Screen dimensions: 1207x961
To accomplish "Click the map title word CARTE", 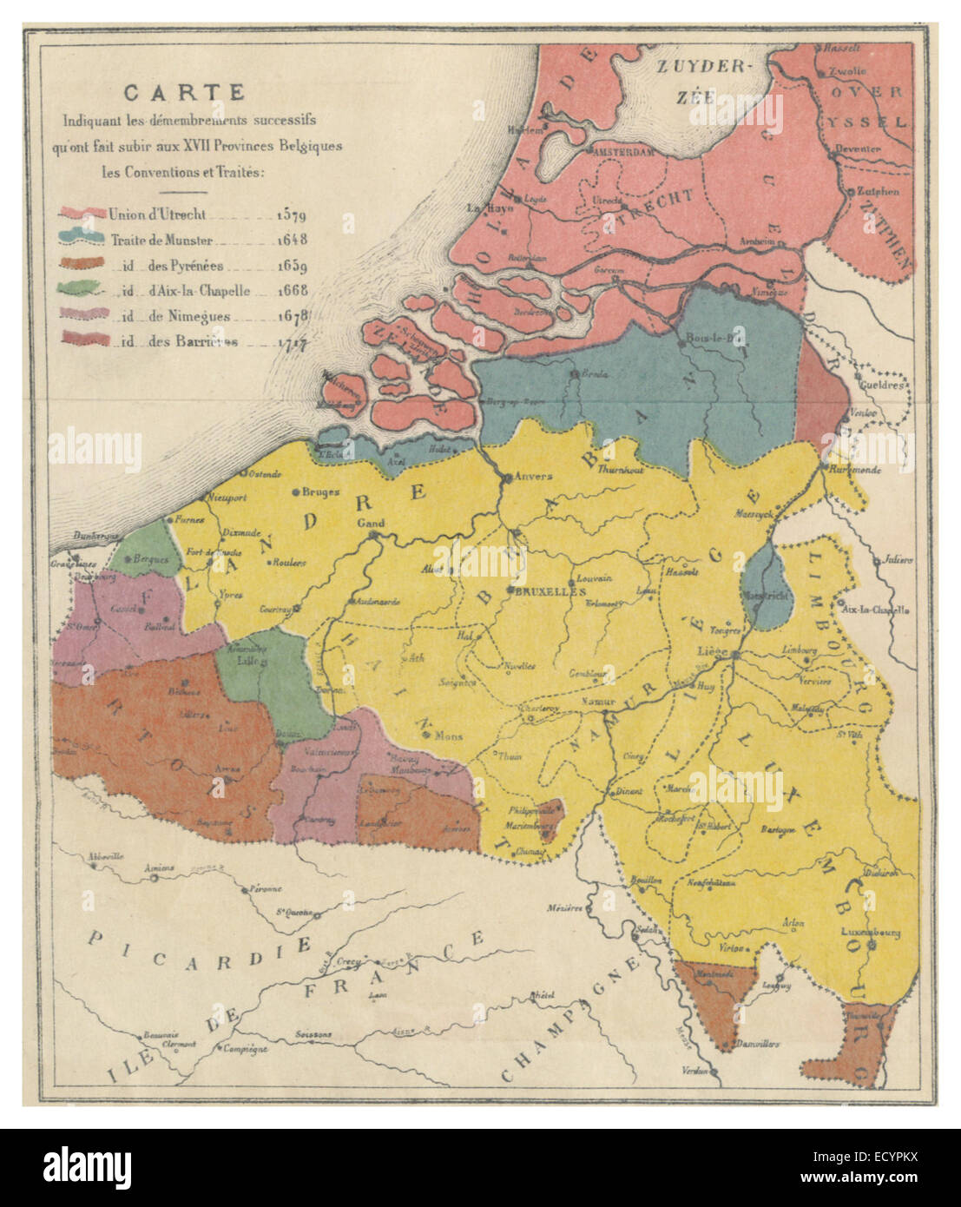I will [x=184, y=92].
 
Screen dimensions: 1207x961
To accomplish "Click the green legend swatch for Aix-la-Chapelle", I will [x=84, y=291].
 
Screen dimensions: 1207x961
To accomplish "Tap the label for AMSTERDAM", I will [x=622, y=151].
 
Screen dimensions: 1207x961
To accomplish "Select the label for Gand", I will [x=371, y=524].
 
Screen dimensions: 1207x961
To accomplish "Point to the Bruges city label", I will [x=321, y=491].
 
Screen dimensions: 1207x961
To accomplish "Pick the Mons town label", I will [x=449, y=736].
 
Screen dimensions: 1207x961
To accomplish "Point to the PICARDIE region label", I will [x=201, y=952].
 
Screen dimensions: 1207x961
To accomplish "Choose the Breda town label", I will [x=595, y=375].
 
